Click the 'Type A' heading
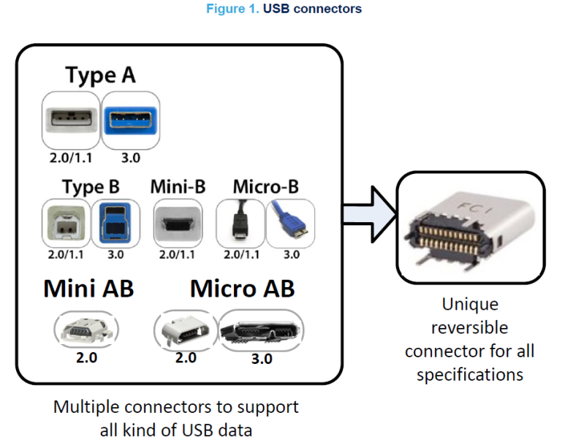[x=101, y=75]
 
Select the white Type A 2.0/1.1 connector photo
[x=72, y=121]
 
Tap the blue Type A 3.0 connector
[x=131, y=121]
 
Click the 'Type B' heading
[x=91, y=187]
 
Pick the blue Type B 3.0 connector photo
[x=115, y=224]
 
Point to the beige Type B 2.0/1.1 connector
[x=67, y=224]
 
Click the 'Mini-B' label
[x=178, y=186]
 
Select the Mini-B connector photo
[x=178, y=224]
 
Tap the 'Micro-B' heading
[x=266, y=186]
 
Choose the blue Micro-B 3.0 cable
[x=290, y=224]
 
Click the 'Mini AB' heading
[x=88, y=289]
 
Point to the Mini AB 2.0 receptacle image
[x=86, y=330]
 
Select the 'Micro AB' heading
[x=243, y=289]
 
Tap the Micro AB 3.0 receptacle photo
[x=261, y=330]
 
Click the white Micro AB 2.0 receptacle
[x=186, y=330]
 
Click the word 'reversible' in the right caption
[x=469, y=327]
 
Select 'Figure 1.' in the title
[x=232, y=9]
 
